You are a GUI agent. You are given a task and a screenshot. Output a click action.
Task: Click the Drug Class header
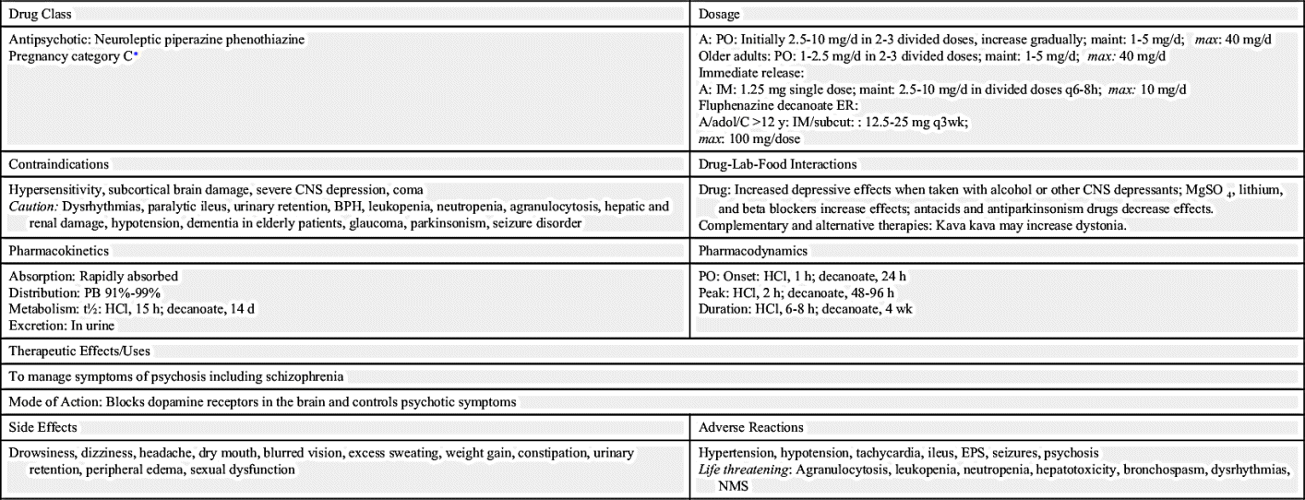click(x=40, y=15)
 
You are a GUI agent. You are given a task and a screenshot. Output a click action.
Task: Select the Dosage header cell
click(x=720, y=15)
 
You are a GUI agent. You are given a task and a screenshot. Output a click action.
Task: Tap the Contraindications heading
click(x=59, y=164)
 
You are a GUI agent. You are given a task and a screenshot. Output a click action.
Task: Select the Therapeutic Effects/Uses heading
click(x=79, y=351)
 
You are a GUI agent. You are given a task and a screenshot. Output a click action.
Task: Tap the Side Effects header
click(x=42, y=427)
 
